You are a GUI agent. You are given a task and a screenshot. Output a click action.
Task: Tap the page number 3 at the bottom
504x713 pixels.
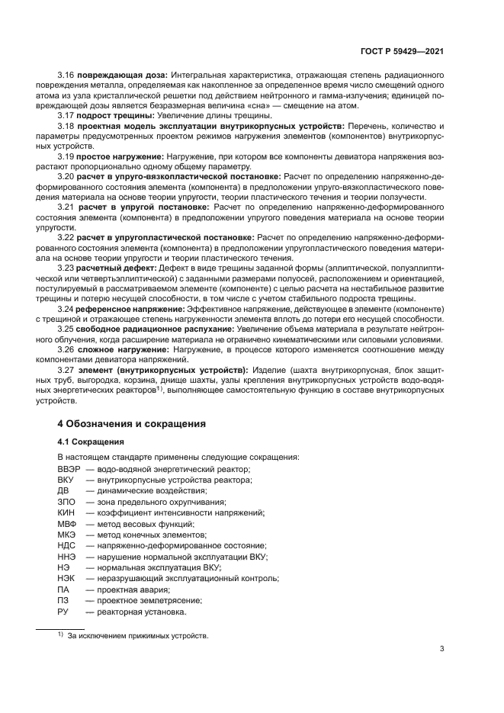tap(442, 649)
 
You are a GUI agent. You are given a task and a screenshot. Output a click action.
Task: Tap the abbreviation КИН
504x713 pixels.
tap(66, 513)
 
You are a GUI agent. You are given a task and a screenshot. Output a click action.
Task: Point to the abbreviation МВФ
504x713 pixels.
tap(66, 524)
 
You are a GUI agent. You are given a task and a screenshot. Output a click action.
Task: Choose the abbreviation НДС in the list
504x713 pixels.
tap(66, 546)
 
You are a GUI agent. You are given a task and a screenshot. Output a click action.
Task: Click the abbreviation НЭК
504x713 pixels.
tap(66, 579)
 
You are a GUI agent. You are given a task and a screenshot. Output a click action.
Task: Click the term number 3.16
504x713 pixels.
tap(66, 76)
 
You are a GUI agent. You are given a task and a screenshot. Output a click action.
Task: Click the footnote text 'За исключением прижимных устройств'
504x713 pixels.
tap(138, 634)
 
